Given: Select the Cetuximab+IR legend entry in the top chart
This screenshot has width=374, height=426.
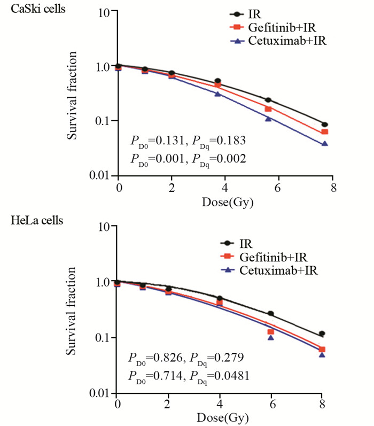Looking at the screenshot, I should click(x=286, y=40).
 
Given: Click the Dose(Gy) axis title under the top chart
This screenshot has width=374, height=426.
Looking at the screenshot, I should click(x=225, y=203).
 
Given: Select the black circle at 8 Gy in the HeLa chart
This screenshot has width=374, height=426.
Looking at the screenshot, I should click(x=322, y=334).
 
